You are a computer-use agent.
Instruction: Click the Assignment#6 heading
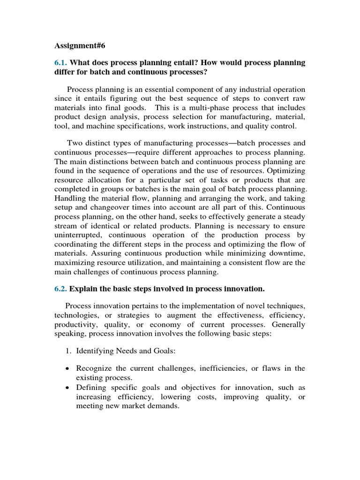(x=77, y=46)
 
